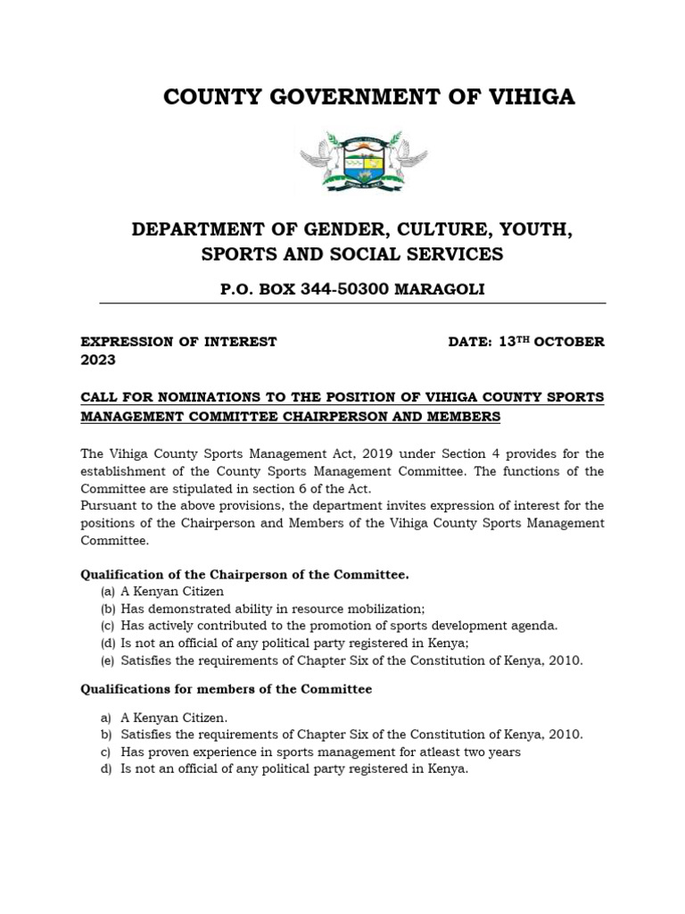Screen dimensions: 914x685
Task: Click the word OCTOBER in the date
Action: (x=571, y=342)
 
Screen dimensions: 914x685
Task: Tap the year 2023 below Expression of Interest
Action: (x=98, y=361)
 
